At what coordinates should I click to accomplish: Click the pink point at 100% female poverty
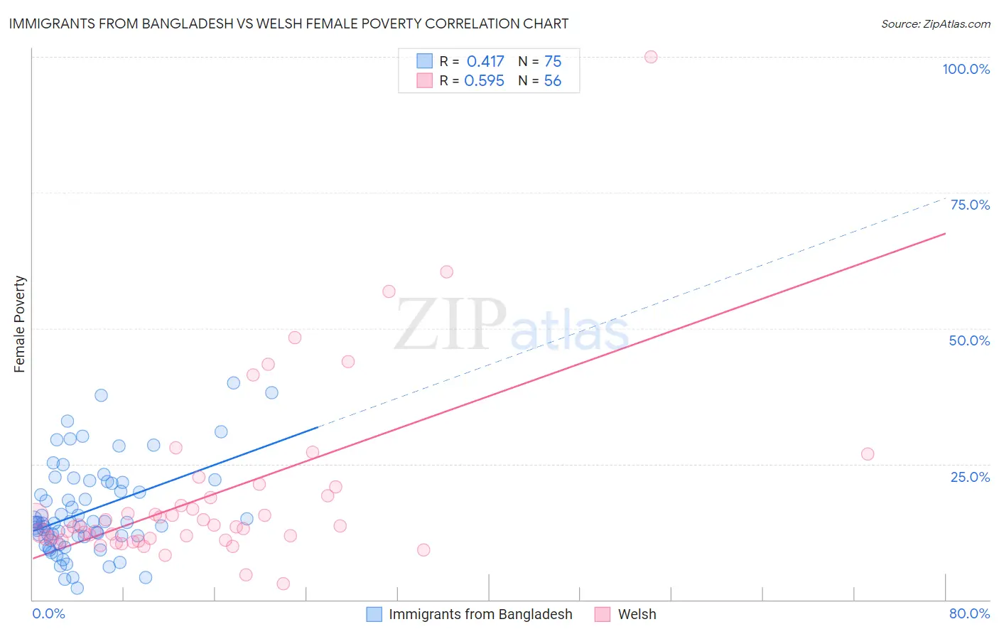[x=651, y=57]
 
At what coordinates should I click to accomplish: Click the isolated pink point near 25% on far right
[x=867, y=454]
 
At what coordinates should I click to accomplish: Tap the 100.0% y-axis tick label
[x=966, y=69]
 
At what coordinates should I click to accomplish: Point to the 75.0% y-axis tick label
[x=970, y=205]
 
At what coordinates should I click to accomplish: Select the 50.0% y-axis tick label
[x=969, y=340]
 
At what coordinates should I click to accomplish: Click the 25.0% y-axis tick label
[x=970, y=477]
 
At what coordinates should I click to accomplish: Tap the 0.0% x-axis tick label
[x=49, y=613]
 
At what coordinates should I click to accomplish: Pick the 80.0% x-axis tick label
[x=969, y=613]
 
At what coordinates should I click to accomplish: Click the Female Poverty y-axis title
[x=20, y=324]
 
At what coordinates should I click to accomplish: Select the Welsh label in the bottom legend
[x=637, y=614]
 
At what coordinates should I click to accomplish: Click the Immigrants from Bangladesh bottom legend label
[x=480, y=614]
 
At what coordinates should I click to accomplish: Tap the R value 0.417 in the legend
[x=485, y=62]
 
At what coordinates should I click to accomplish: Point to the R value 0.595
[x=484, y=81]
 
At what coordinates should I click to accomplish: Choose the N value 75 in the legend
[x=553, y=62]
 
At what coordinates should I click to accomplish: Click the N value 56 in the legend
[x=553, y=81]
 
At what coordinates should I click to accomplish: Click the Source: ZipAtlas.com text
[x=935, y=24]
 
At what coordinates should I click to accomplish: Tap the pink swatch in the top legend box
[x=424, y=80]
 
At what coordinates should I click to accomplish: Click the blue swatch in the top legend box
[x=424, y=61]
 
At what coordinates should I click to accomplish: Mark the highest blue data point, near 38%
[x=234, y=383]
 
